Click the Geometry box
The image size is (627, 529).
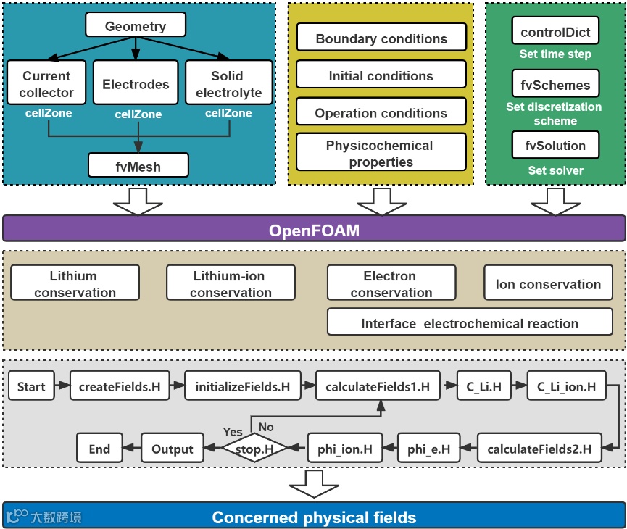click(136, 26)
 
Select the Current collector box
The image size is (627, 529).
click(46, 84)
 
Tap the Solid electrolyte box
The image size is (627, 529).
click(228, 84)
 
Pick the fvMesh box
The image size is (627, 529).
click(138, 166)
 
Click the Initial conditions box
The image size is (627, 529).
click(381, 75)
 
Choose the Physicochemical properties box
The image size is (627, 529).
click(381, 153)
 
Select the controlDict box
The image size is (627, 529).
click(555, 32)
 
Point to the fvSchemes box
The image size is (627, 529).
click(555, 85)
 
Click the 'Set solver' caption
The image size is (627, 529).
click(555, 170)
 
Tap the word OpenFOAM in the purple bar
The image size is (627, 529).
click(314, 230)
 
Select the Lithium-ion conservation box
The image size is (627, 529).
click(231, 284)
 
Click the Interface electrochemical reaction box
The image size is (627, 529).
click(470, 323)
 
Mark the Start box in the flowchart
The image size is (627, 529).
click(31, 387)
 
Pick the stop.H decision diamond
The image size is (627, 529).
click(253, 449)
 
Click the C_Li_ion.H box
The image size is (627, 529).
click(566, 387)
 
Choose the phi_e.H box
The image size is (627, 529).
click(428, 449)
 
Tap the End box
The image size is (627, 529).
click(99, 449)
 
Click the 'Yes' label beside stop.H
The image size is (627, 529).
click(233, 432)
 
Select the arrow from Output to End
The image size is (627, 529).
click(132, 449)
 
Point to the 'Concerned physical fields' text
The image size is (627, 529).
click(314, 517)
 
